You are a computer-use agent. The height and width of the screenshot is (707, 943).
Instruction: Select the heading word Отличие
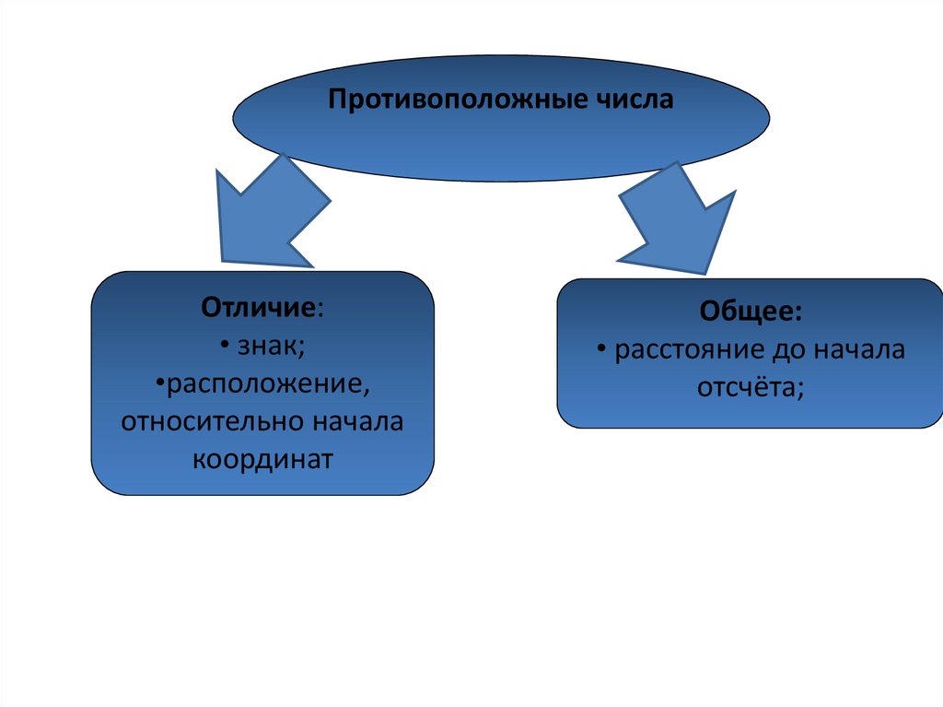[x=260, y=307]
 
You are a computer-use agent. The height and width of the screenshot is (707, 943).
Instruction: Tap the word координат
[x=262, y=459]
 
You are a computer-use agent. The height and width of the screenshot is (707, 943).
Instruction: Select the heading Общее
[x=749, y=312]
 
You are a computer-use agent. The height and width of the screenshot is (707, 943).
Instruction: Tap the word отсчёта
[x=747, y=388]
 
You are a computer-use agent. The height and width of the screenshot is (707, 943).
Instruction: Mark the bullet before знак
[x=225, y=347]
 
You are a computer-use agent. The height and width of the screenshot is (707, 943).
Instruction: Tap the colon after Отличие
[x=321, y=309]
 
